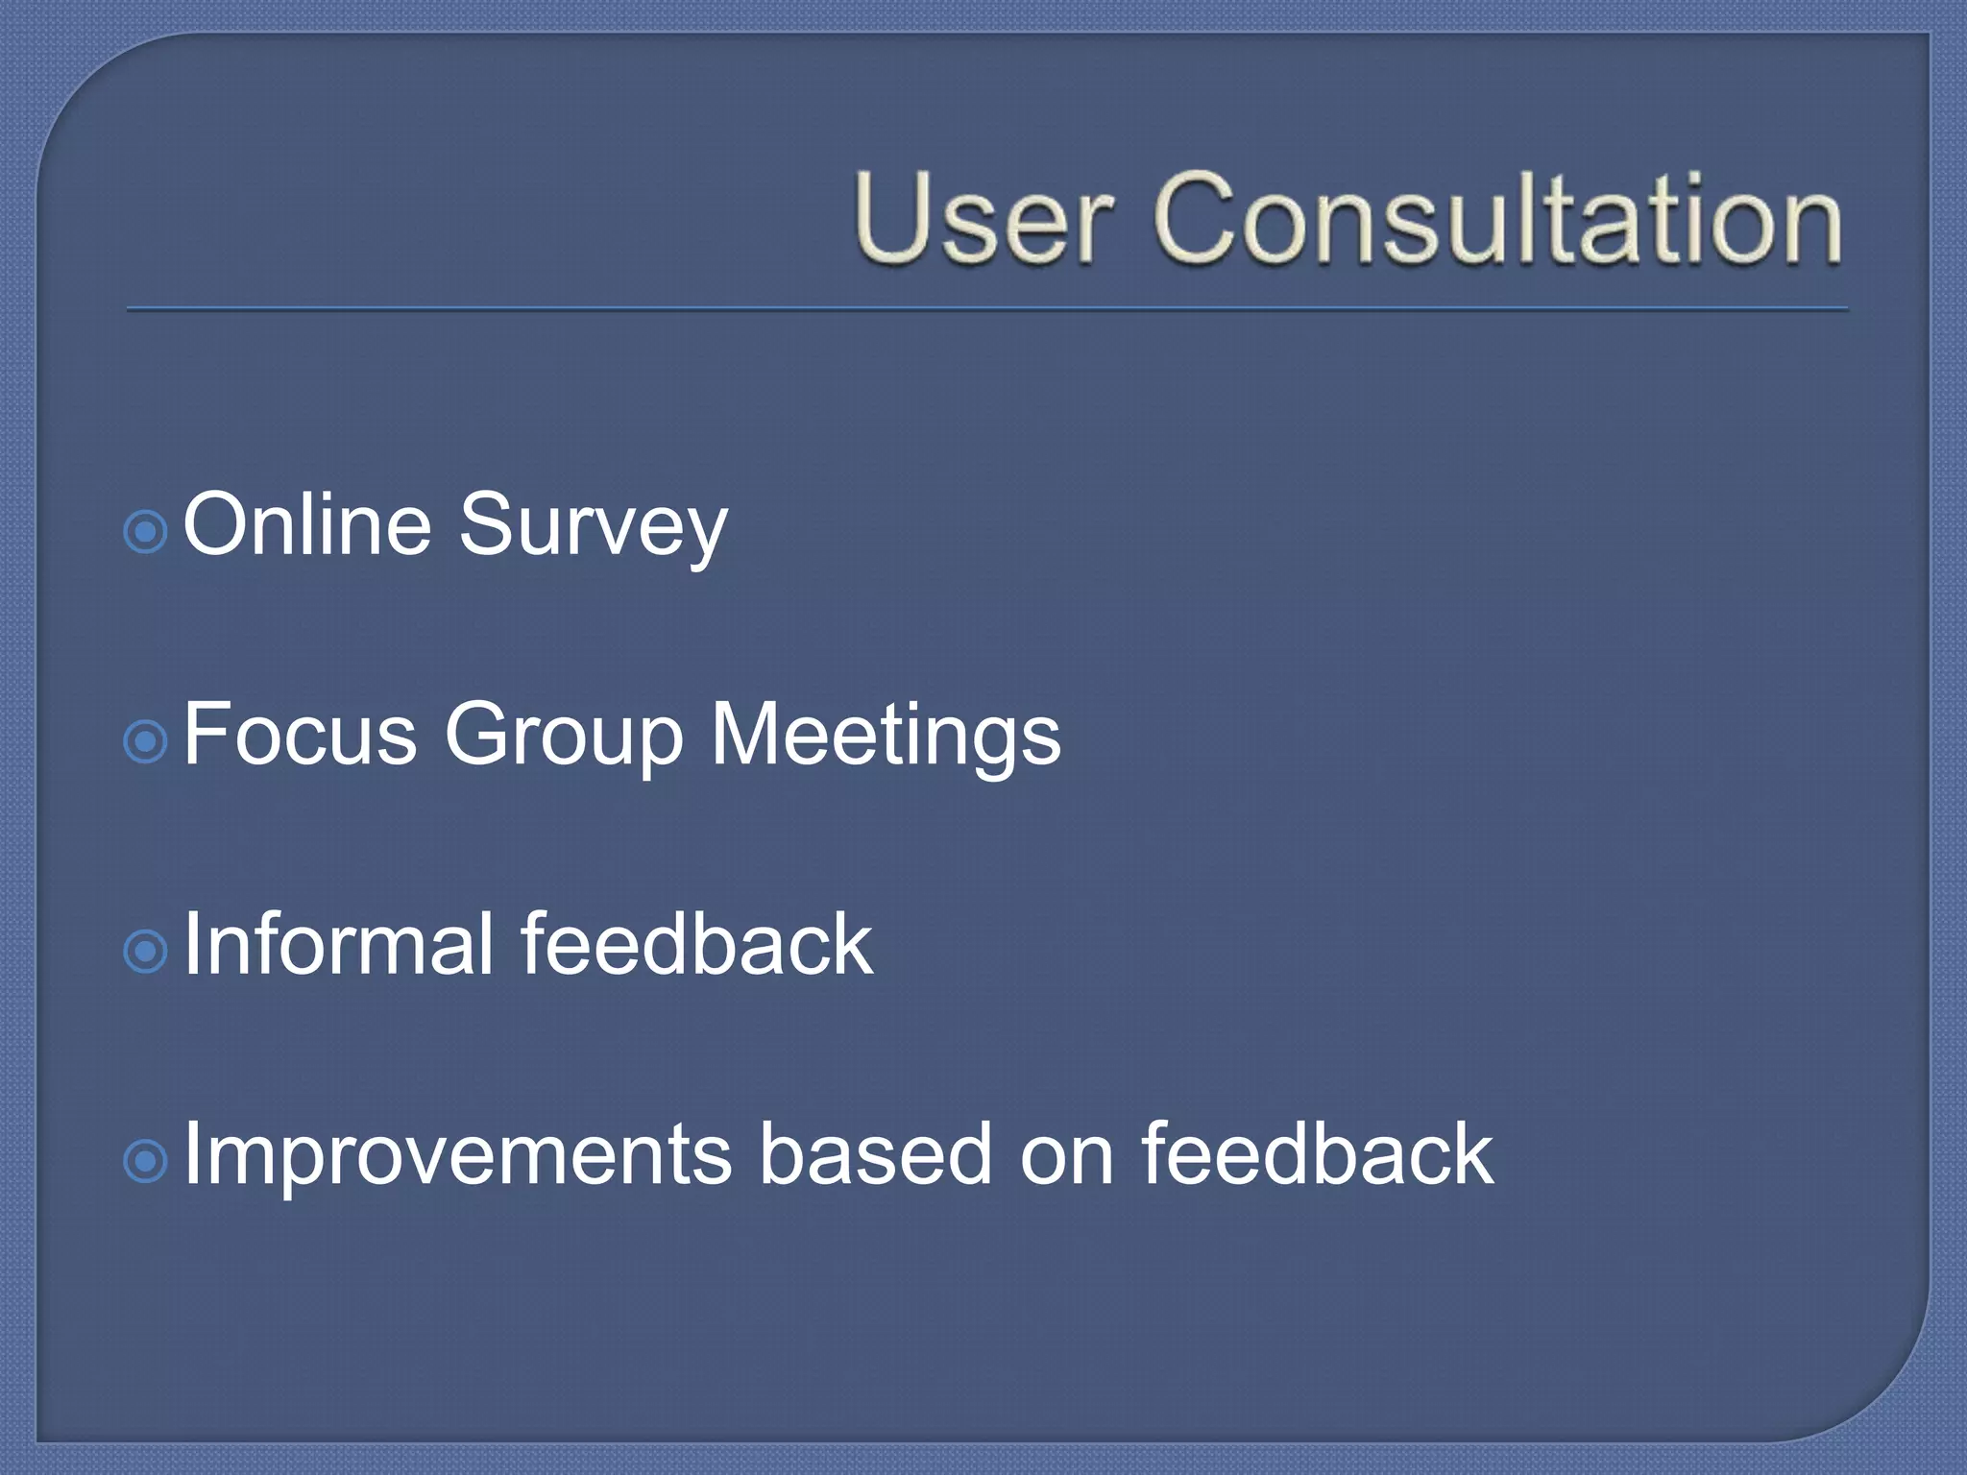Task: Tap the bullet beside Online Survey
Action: point(146,531)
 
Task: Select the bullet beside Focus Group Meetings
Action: point(146,741)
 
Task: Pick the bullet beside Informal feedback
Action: point(146,952)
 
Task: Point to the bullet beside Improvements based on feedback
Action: point(146,1162)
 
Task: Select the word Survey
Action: point(593,528)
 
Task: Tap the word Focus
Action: point(300,735)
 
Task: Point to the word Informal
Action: point(338,945)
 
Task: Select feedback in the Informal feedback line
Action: point(696,945)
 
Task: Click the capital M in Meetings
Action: point(746,734)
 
